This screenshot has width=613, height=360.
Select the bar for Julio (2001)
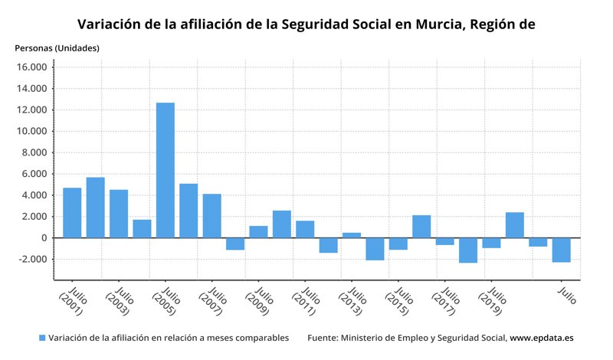[72, 212]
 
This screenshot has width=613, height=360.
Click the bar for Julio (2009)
[258, 231]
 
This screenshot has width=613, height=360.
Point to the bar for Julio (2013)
[352, 235]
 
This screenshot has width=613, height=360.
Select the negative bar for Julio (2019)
[491, 243]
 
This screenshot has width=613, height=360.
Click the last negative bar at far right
[561, 250]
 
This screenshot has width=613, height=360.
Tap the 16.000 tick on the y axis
[32, 67]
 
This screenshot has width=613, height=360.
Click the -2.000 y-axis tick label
[32, 259]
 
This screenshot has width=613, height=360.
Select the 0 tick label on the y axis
[44, 237]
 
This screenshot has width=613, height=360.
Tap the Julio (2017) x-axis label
[444, 301]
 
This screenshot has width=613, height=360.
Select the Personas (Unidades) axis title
[57, 48]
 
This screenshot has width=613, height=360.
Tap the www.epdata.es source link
[542, 338]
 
